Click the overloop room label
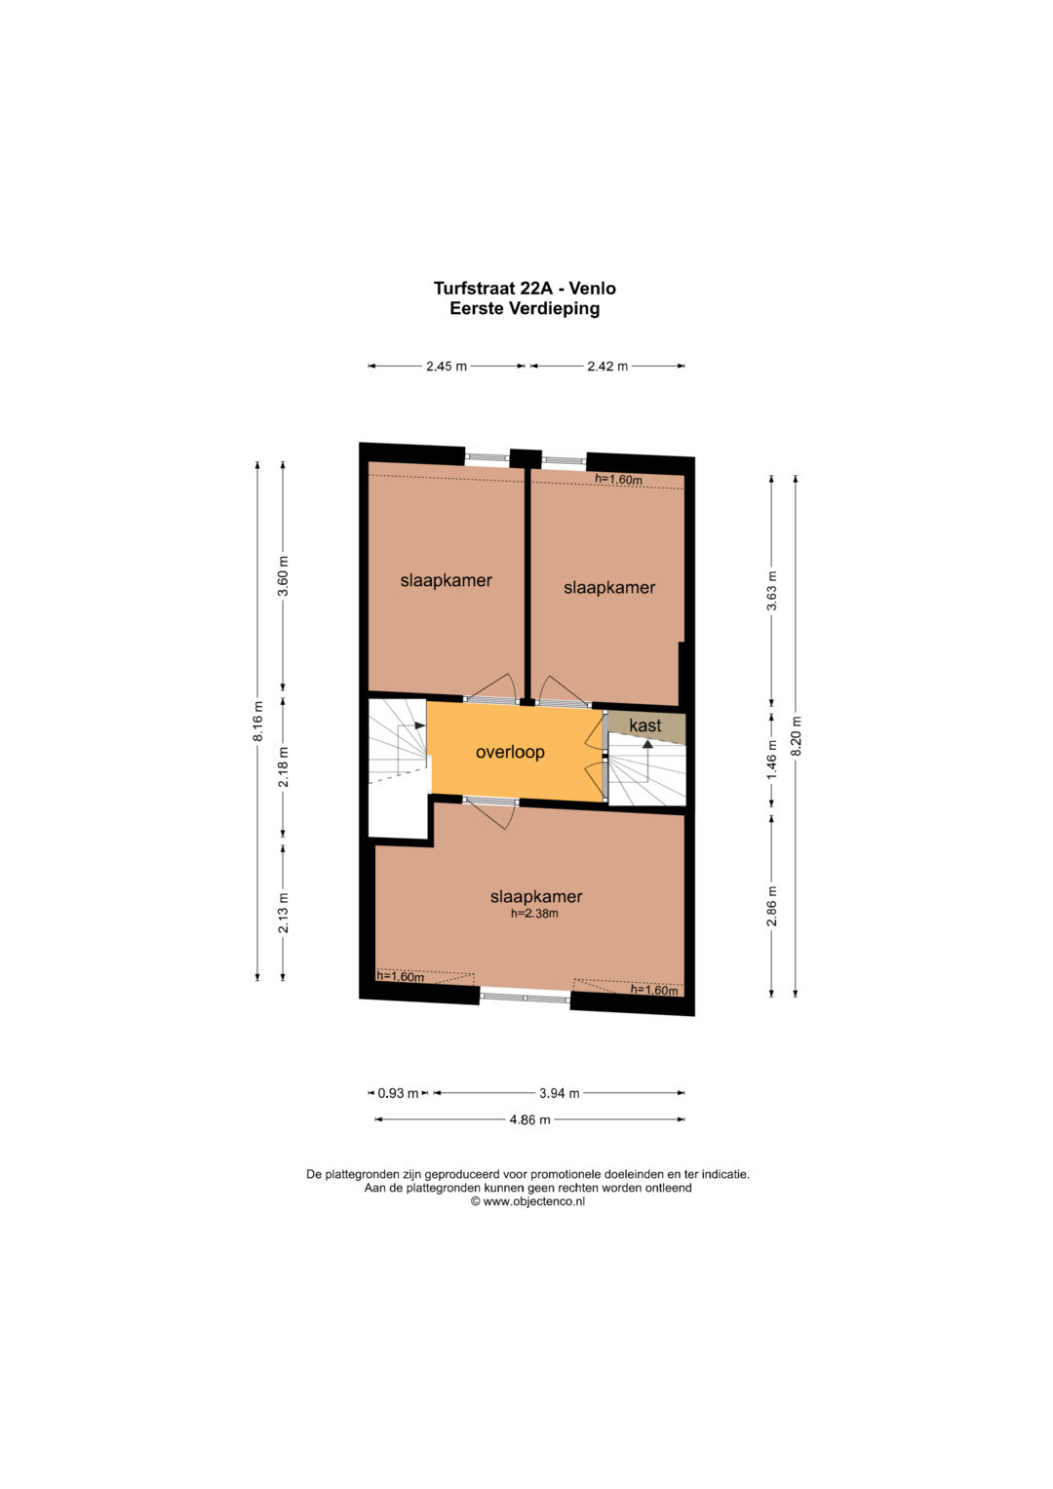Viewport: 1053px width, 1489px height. coord(510,752)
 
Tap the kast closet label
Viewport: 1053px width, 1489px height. coord(644,725)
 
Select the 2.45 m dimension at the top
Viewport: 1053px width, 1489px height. coord(447,366)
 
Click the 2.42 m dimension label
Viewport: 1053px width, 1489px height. coord(607,366)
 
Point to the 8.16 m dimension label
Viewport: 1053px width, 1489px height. coord(258,722)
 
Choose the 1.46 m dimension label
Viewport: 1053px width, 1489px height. coord(772,761)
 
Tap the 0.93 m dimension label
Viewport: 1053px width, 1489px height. coord(398,1093)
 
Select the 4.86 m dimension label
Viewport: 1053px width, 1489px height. coord(529,1120)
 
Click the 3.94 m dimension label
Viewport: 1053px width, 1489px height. coord(560,1093)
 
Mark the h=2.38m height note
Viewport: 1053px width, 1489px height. coord(534,914)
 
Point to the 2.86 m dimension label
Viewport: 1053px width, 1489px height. coord(772,906)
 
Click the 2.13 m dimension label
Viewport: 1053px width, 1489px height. coord(284,913)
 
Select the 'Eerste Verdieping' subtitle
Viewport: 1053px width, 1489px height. coord(525,308)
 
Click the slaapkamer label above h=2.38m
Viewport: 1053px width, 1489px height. coord(536,896)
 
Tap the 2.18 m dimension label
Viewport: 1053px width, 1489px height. coord(284,767)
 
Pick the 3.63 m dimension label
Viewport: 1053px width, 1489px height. coord(772,591)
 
